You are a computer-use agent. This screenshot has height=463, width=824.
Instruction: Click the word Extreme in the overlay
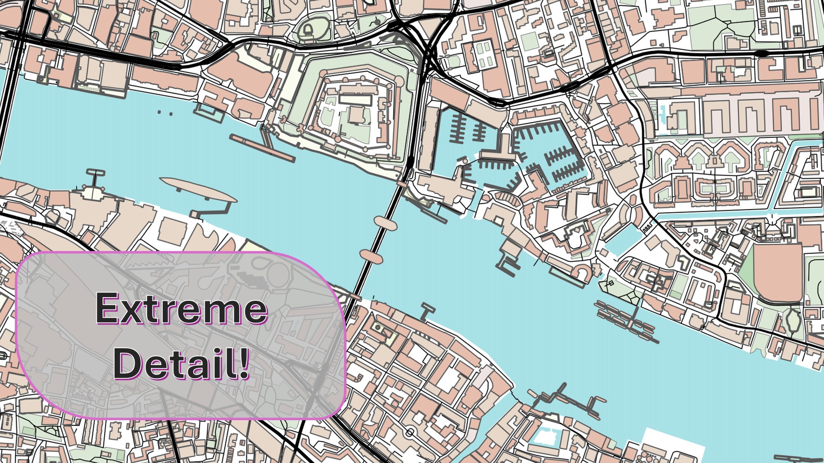(x=181, y=309)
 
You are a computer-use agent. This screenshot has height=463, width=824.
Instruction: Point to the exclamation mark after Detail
(x=244, y=362)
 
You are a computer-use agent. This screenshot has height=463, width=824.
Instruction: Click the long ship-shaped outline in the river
(x=198, y=189)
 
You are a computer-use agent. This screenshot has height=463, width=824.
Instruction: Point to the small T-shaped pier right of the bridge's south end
(x=427, y=311)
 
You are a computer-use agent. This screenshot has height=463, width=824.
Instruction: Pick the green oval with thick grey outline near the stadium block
(x=793, y=321)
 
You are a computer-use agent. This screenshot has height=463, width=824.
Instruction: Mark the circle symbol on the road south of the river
(x=410, y=432)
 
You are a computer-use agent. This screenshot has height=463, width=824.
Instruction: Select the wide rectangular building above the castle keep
(x=355, y=98)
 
